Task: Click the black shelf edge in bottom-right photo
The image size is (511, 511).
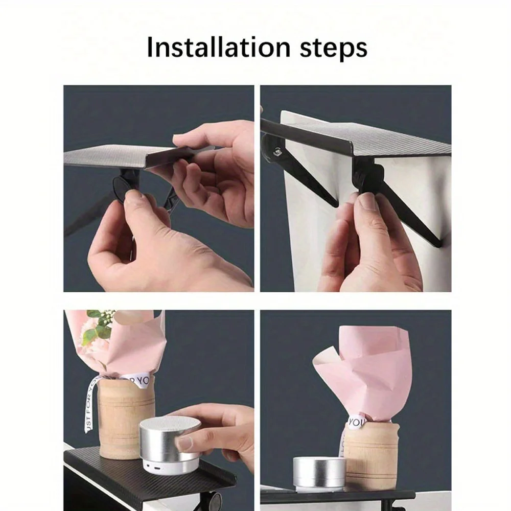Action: [x=337, y=495]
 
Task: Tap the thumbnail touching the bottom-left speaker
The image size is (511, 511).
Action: [x=183, y=442]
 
